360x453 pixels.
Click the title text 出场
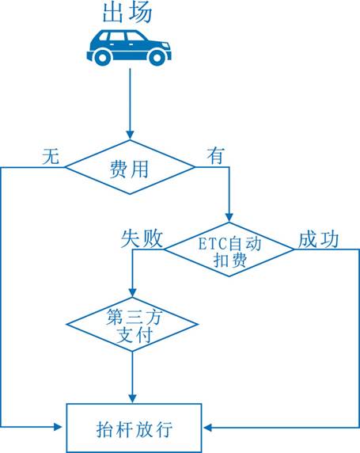tap(127, 12)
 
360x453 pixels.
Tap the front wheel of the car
tap(157, 58)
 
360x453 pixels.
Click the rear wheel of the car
tap(103, 58)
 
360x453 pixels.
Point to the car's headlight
tap(165, 46)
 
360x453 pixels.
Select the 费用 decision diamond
tap(130, 167)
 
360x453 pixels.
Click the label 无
tap(51, 157)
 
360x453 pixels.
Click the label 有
tap(216, 156)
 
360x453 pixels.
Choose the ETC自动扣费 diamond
tap(229, 249)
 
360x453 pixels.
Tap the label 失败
tap(142, 239)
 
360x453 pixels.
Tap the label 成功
tap(318, 239)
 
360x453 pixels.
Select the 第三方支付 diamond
tap(132, 324)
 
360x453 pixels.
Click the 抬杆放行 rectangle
tap(134, 428)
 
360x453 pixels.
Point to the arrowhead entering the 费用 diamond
tap(130, 135)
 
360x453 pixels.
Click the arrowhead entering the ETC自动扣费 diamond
tap(229, 218)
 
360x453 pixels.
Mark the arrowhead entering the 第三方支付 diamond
tap(132, 293)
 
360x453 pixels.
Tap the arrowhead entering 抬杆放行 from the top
tap(132, 398)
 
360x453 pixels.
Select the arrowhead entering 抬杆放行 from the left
tap(59, 427)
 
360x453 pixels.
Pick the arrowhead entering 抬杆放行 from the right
tap(208, 428)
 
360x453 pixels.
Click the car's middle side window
tap(116, 36)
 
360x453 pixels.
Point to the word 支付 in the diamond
tap(135, 335)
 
